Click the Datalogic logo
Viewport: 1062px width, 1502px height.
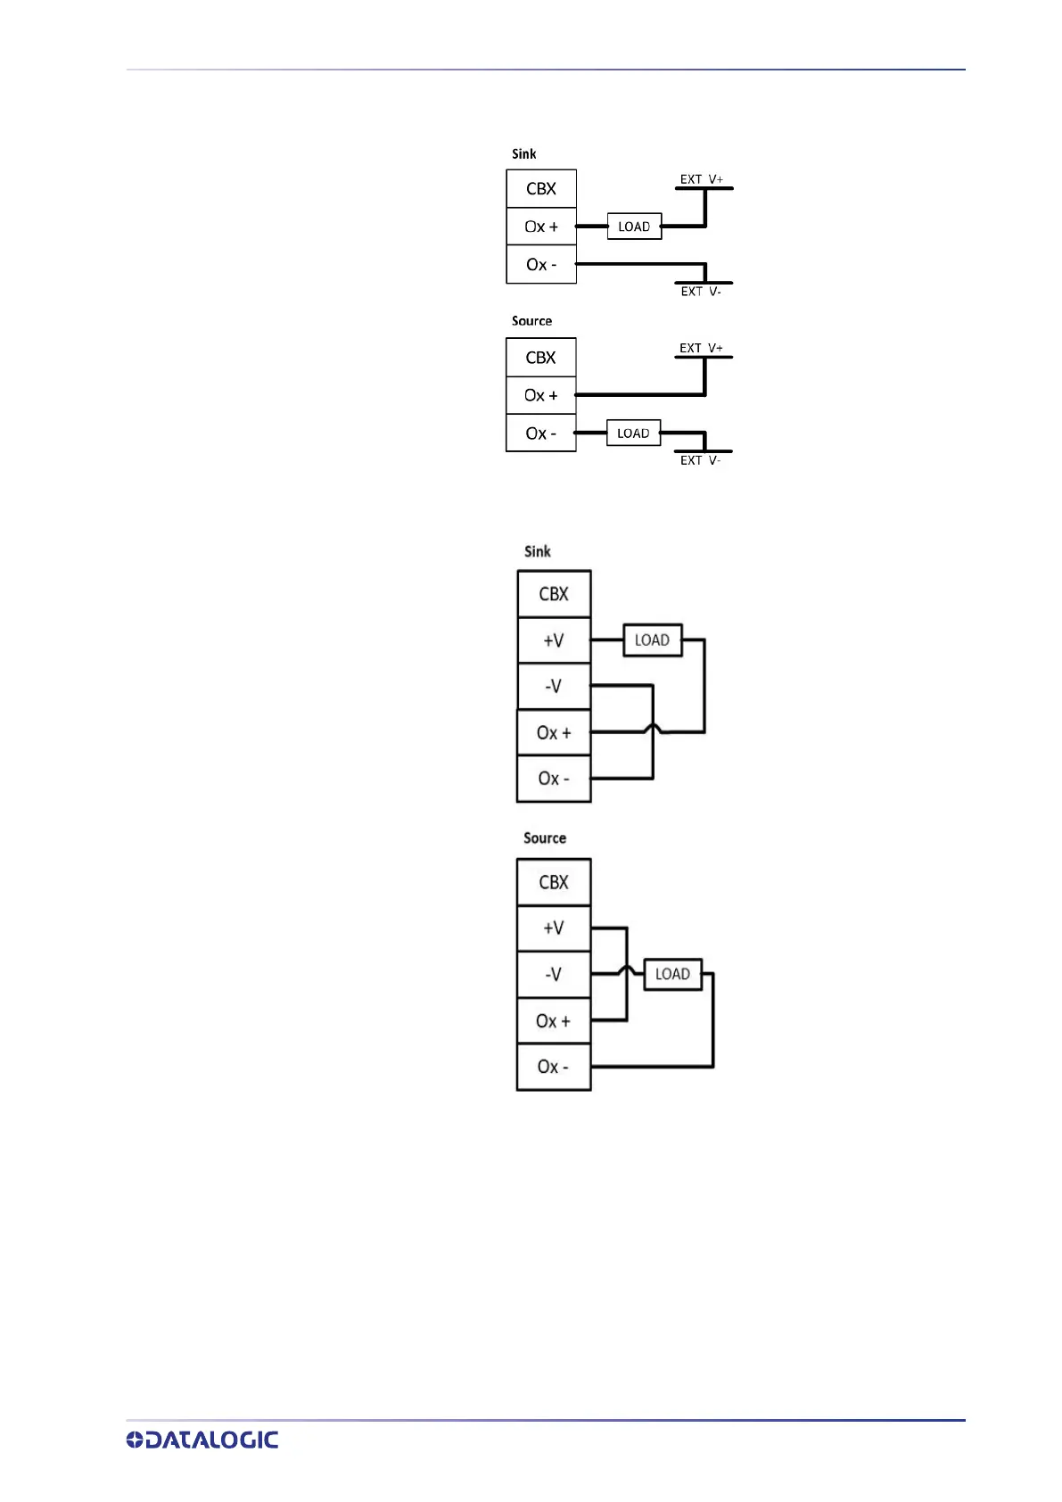[x=202, y=1439]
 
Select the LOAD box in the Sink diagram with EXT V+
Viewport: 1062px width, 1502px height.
[x=634, y=227]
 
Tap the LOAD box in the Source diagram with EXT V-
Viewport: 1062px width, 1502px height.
[x=633, y=433]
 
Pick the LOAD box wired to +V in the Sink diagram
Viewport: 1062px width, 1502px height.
[x=652, y=640]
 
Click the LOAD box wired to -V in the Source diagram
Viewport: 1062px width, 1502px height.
[x=672, y=974]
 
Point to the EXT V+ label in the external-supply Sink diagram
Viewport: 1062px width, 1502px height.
[x=702, y=179]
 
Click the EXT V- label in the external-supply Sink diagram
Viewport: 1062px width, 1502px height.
[x=701, y=292]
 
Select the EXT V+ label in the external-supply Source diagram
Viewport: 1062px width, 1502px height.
[x=701, y=348]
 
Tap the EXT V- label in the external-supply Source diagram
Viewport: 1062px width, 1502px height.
[x=700, y=460]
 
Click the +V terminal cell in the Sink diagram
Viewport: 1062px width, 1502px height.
[x=554, y=640]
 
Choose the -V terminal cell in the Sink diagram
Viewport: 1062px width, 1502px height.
[x=554, y=686]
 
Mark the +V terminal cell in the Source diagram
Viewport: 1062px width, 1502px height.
[x=554, y=928]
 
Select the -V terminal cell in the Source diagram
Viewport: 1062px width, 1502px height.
[x=554, y=974]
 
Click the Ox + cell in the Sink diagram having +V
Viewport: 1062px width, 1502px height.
[x=554, y=732]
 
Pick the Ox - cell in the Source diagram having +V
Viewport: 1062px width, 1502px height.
[x=554, y=1067]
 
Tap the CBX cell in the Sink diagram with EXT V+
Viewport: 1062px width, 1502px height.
[x=541, y=189]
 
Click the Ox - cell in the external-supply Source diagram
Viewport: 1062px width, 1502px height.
[x=541, y=433]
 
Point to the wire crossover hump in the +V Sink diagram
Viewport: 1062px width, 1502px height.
[x=654, y=729]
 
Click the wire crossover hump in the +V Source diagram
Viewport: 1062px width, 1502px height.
[x=627, y=970]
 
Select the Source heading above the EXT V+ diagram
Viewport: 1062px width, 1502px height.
[x=531, y=321]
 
